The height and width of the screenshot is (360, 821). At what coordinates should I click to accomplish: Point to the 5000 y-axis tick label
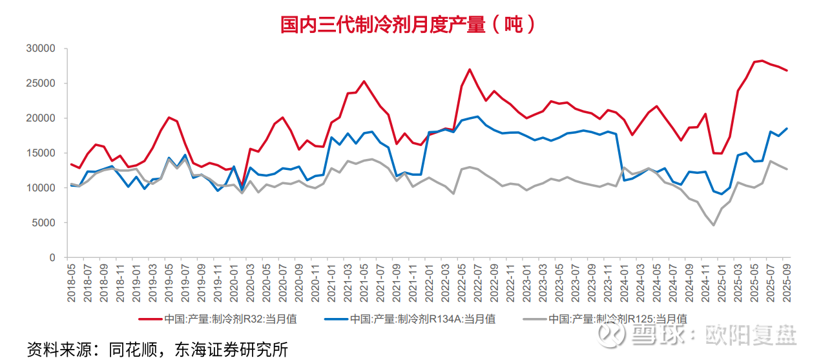click(46, 223)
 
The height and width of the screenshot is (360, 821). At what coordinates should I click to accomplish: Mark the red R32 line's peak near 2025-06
click(762, 61)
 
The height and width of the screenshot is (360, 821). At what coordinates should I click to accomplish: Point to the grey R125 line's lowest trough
click(714, 225)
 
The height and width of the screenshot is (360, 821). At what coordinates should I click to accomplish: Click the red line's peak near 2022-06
click(470, 69)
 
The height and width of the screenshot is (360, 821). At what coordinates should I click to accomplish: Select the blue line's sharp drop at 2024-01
click(624, 180)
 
